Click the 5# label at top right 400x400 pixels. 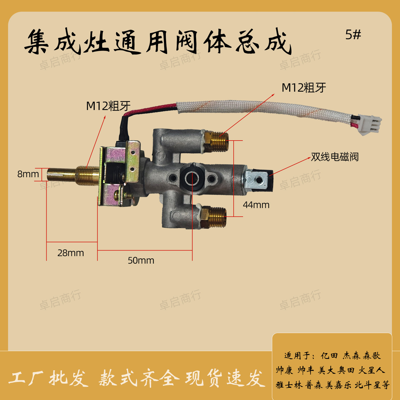click(353, 35)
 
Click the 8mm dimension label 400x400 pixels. click(28, 174)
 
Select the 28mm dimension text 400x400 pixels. click(71, 253)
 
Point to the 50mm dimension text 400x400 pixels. click(141, 261)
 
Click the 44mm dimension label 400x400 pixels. click(256, 205)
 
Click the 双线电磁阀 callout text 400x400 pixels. click(335, 157)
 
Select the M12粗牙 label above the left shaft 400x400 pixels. click(108, 106)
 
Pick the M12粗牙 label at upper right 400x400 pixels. click(304, 88)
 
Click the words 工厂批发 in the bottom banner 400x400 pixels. click(49, 378)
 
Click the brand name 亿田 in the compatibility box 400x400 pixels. click(329, 356)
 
